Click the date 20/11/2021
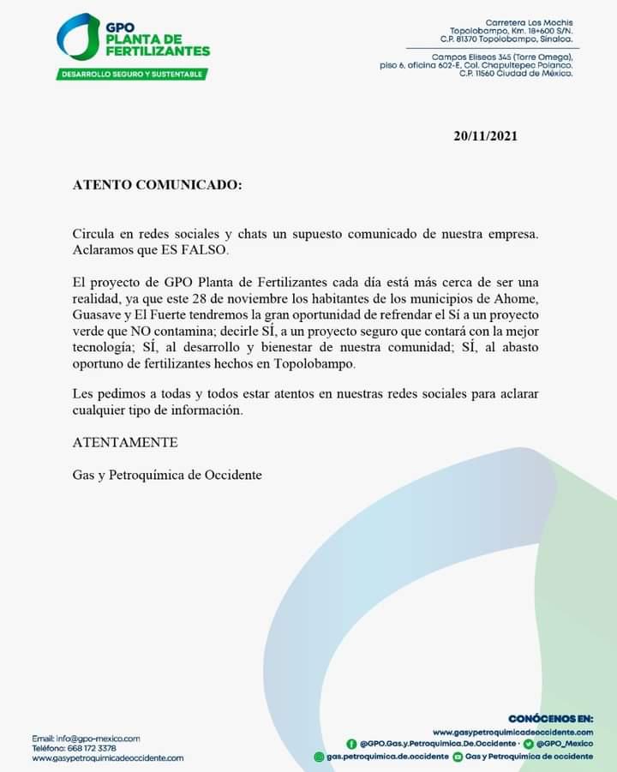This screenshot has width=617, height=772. tap(486, 136)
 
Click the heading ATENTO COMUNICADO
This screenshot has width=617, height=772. tap(157, 184)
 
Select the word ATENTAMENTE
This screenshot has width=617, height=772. tap(125, 443)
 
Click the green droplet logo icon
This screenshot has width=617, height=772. tap(78, 37)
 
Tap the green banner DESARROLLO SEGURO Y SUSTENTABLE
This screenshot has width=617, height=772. tap(132, 75)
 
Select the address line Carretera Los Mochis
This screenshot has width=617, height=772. tap(529, 22)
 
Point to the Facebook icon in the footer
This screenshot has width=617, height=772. tap(351, 744)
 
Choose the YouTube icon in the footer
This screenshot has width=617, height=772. tap(458, 757)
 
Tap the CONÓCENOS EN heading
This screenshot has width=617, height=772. tap(550, 718)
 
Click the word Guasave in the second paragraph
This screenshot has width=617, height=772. tap(96, 314)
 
